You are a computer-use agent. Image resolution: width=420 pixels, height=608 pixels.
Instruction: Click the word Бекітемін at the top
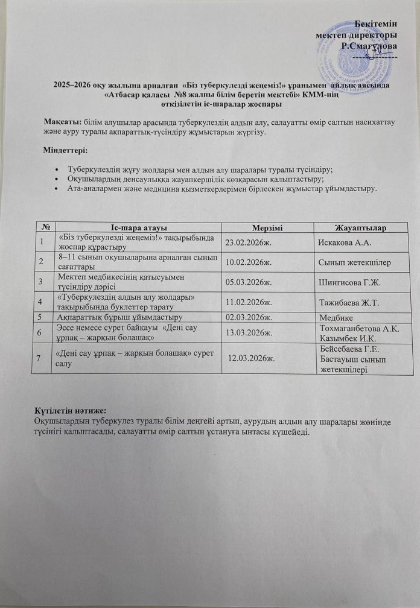pos(376,23)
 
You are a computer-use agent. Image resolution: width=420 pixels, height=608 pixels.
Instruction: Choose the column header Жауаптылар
pos(360,227)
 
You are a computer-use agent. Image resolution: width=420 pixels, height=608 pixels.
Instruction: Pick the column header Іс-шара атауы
pos(136,227)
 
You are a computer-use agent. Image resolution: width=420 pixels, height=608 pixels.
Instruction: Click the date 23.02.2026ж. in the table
pos(249,242)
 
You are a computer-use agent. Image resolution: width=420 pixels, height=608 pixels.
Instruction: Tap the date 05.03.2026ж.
pos(249,282)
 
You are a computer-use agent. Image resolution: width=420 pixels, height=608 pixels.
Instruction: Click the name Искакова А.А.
pos(344,242)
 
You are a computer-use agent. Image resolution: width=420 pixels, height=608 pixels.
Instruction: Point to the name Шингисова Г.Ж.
pos(346,282)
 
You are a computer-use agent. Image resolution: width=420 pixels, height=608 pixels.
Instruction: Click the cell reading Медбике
pos(334,317)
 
